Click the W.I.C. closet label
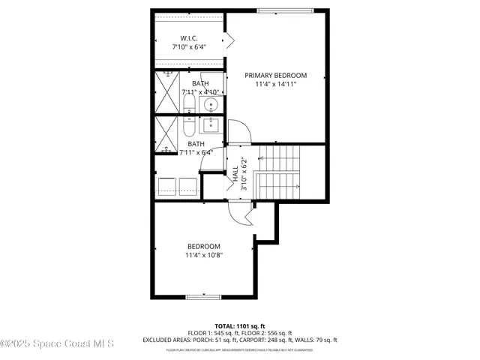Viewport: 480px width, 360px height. coord(189,38)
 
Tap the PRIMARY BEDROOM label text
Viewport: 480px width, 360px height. coord(276,75)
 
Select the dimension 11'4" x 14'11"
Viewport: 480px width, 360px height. coord(276,85)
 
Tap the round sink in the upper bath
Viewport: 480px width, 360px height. coord(211,103)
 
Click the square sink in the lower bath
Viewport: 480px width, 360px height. coord(211,125)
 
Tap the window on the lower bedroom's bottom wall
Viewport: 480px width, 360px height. coord(203,297)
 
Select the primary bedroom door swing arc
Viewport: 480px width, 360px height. coord(238,133)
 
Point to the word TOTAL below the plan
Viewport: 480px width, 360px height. coord(226,325)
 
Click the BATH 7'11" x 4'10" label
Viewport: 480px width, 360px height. coord(199,87)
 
